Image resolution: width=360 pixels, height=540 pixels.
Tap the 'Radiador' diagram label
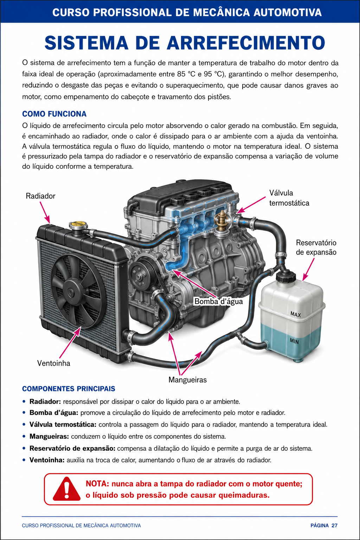click(x=40, y=196)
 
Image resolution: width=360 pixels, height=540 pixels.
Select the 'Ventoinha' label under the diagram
click(x=53, y=363)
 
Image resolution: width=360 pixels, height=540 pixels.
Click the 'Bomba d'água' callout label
click(x=218, y=301)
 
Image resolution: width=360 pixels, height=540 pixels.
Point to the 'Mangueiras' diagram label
click(x=188, y=380)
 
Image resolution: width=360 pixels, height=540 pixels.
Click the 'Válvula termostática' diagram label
click(x=289, y=198)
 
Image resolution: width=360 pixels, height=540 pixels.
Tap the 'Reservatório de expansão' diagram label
click(x=316, y=247)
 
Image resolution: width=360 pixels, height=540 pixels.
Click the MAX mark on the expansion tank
click(x=296, y=314)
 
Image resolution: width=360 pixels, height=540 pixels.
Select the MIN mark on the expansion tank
click(x=294, y=341)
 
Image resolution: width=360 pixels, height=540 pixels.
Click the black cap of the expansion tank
click(x=286, y=276)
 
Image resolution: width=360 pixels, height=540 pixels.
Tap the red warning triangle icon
click(x=66, y=489)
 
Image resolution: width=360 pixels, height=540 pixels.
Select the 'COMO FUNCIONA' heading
click(x=54, y=114)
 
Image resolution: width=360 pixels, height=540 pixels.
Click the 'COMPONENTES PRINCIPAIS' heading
click(x=69, y=388)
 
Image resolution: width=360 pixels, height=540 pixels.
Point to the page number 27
click(x=334, y=525)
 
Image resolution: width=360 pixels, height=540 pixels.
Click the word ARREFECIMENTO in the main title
click(x=246, y=43)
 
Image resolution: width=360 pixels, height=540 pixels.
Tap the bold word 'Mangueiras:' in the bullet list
click(x=49, y=437)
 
